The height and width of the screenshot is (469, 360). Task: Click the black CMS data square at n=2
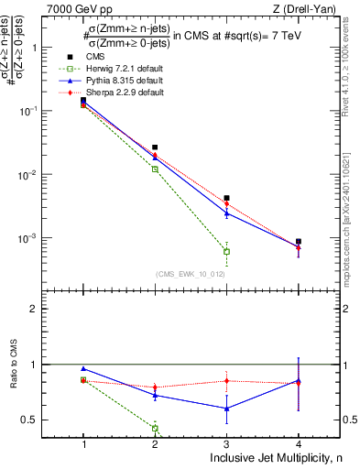click(x=155, y=147)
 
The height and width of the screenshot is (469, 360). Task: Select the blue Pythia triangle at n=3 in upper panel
click(x=226, y=213)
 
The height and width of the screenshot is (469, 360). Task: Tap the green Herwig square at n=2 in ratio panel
click(x=155, y=428)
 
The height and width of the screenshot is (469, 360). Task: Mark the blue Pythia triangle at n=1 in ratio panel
click(x=83, y=369)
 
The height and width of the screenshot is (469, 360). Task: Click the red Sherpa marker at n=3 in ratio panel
click(x=226, y=380)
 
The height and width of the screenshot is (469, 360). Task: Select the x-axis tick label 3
click(x=226, y=443)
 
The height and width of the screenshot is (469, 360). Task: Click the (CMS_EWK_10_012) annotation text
click(x=190, y=273)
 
